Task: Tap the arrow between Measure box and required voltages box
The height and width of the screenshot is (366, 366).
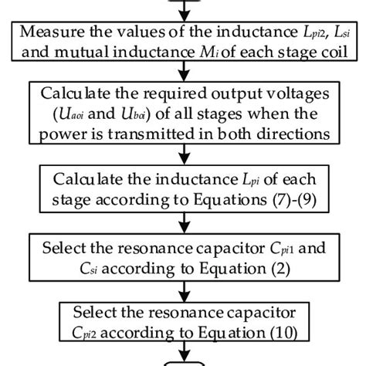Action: pos(183,75)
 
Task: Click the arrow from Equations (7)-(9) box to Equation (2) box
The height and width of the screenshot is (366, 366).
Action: pos(183,228)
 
